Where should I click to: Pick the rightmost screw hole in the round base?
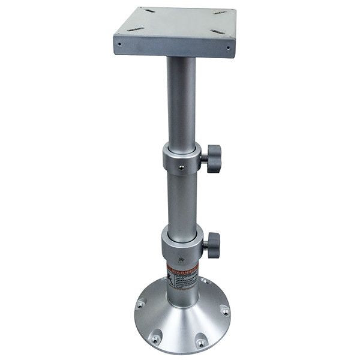pyautogui.click(x=224, y=310)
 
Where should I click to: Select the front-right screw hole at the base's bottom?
pyautogui.click(x=200, y=343)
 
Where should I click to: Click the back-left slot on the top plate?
pyautogui.click(x=148, y=11)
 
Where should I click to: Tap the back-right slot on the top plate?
pyautogui.click(x=220, y=12)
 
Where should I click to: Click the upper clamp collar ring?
pyautogui.click(x=180, y=159)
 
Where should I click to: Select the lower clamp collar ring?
pyautogui.click(x=180, y=245)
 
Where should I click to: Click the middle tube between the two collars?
pyautogui.click(x=182, y=198)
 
